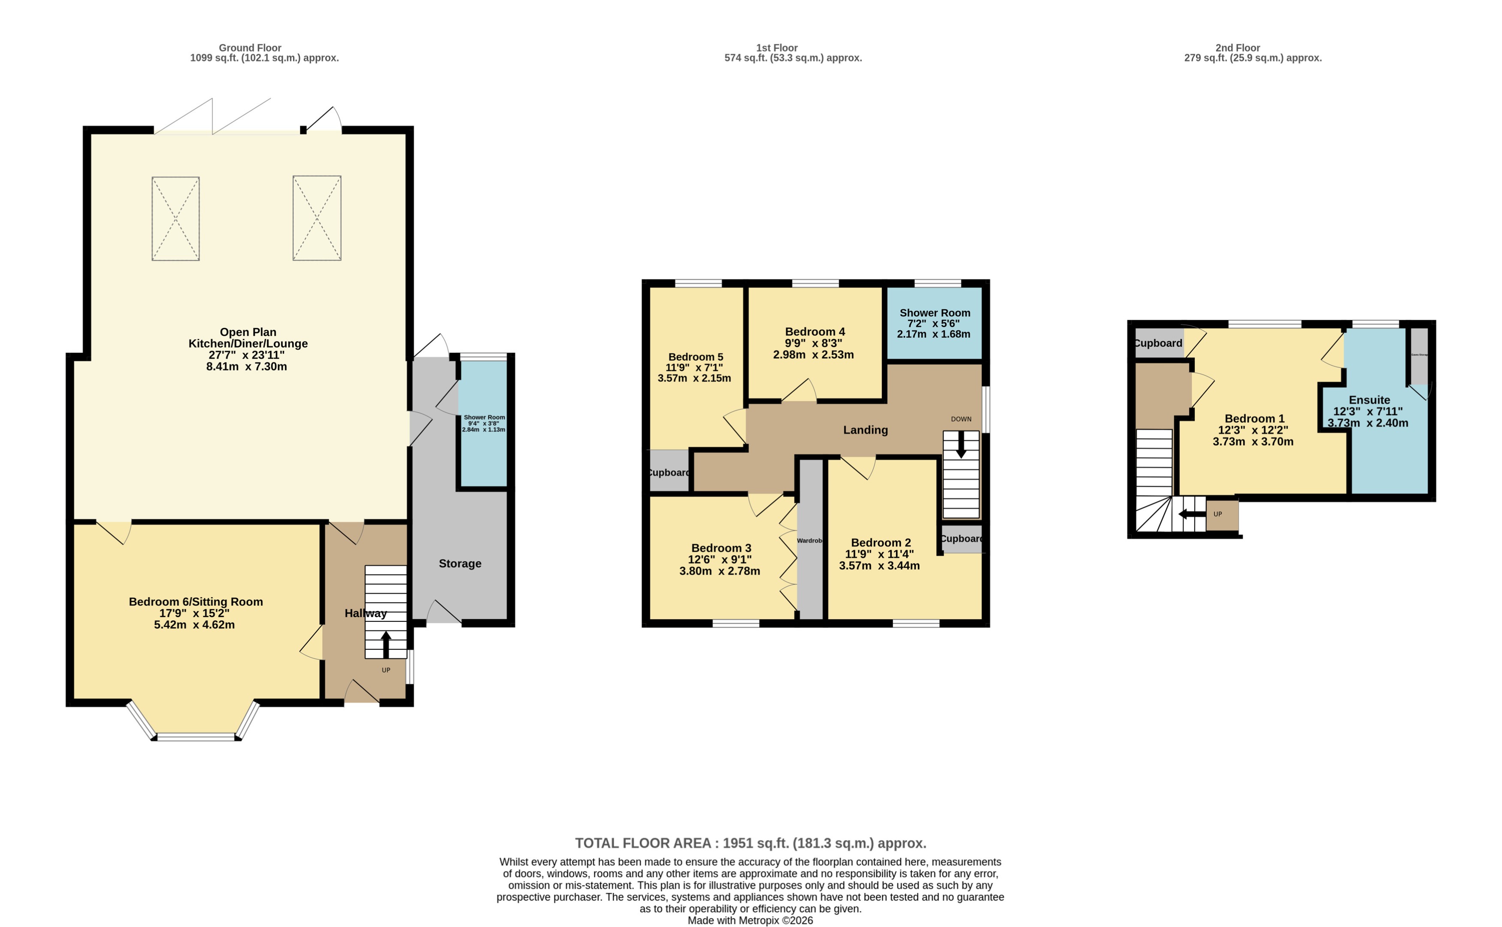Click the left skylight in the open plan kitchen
point(176,219)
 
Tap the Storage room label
point(460,563)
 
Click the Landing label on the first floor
point(865,430)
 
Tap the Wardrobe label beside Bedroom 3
point(809,541)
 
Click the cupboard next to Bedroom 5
point(669,472)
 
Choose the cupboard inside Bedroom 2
point(961,539)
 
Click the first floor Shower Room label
point(934,313)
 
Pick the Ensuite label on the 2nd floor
point(1369,400)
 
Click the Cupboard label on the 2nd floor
point(1158,343)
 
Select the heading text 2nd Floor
point(1237,48)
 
